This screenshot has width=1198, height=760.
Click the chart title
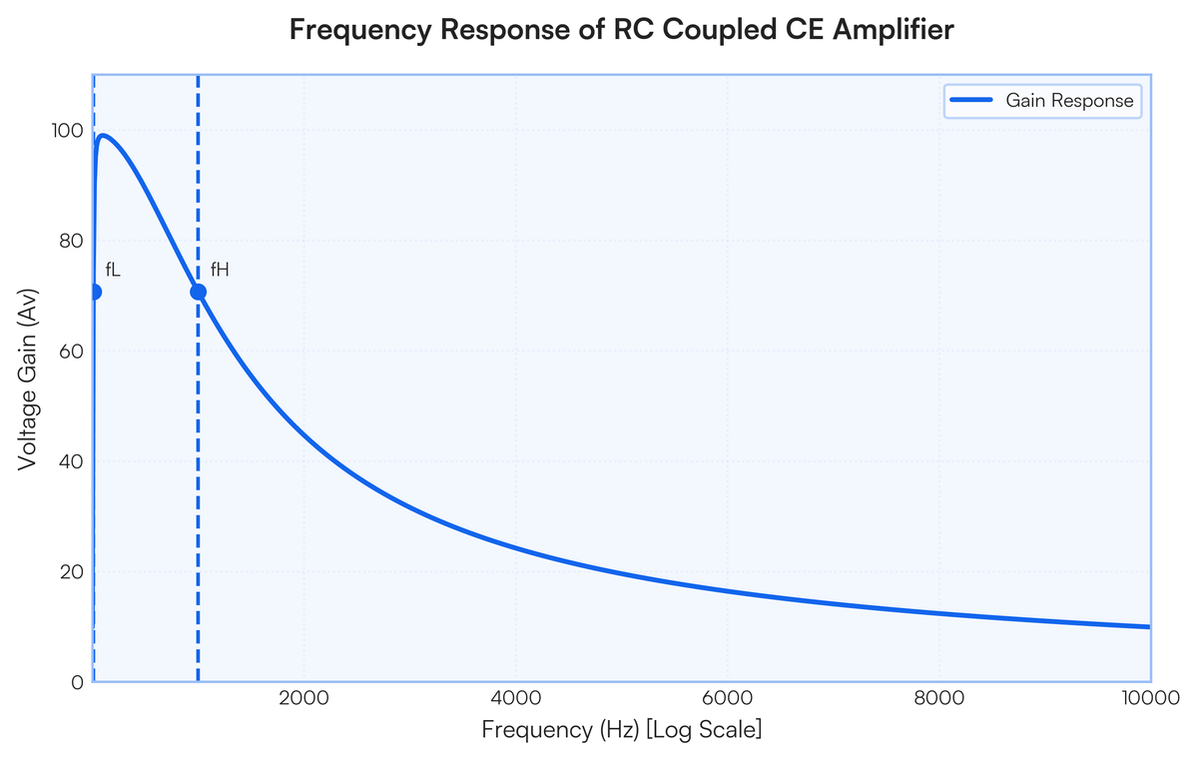tap(621, 29)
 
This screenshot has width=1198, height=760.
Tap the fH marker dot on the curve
tap(199, 292)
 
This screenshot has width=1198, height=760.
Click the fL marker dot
tap(95, 292)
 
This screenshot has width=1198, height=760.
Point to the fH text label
tap(220, 270)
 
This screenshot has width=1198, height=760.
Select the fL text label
tap(113, 270)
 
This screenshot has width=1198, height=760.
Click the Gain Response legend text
tap(1069, 101)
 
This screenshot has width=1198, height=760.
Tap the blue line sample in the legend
tap(971, 100)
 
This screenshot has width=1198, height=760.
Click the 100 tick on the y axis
tap(67, 131)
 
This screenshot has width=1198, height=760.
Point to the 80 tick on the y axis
tap(71, 242)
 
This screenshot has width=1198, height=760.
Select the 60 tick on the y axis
tap(71, 352)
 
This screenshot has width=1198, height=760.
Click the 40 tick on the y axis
tap(71, 461)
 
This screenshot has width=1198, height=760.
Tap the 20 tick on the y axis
tap(71, 572)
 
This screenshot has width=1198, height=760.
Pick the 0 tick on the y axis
tap(78, 682)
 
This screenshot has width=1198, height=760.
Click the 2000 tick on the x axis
tap(303, 698)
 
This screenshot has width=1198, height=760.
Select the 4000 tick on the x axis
tap(515, 698)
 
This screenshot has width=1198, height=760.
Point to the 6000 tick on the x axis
tap(728, 698)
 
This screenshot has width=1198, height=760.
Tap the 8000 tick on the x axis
tap(939, 698)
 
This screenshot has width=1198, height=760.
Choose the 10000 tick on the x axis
tap(1150, 698)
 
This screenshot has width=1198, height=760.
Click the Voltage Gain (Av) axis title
tap(27, 380)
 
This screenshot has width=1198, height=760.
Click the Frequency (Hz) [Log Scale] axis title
tap(621, 729)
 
